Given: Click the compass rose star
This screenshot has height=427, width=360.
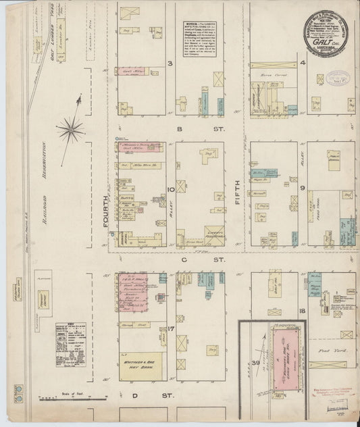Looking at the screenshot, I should [71, 128].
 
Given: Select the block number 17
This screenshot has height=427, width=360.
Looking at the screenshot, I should [172, 329].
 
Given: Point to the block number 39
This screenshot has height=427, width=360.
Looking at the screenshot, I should [255, 363].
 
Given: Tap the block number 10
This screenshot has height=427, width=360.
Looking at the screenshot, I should [172, 190].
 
